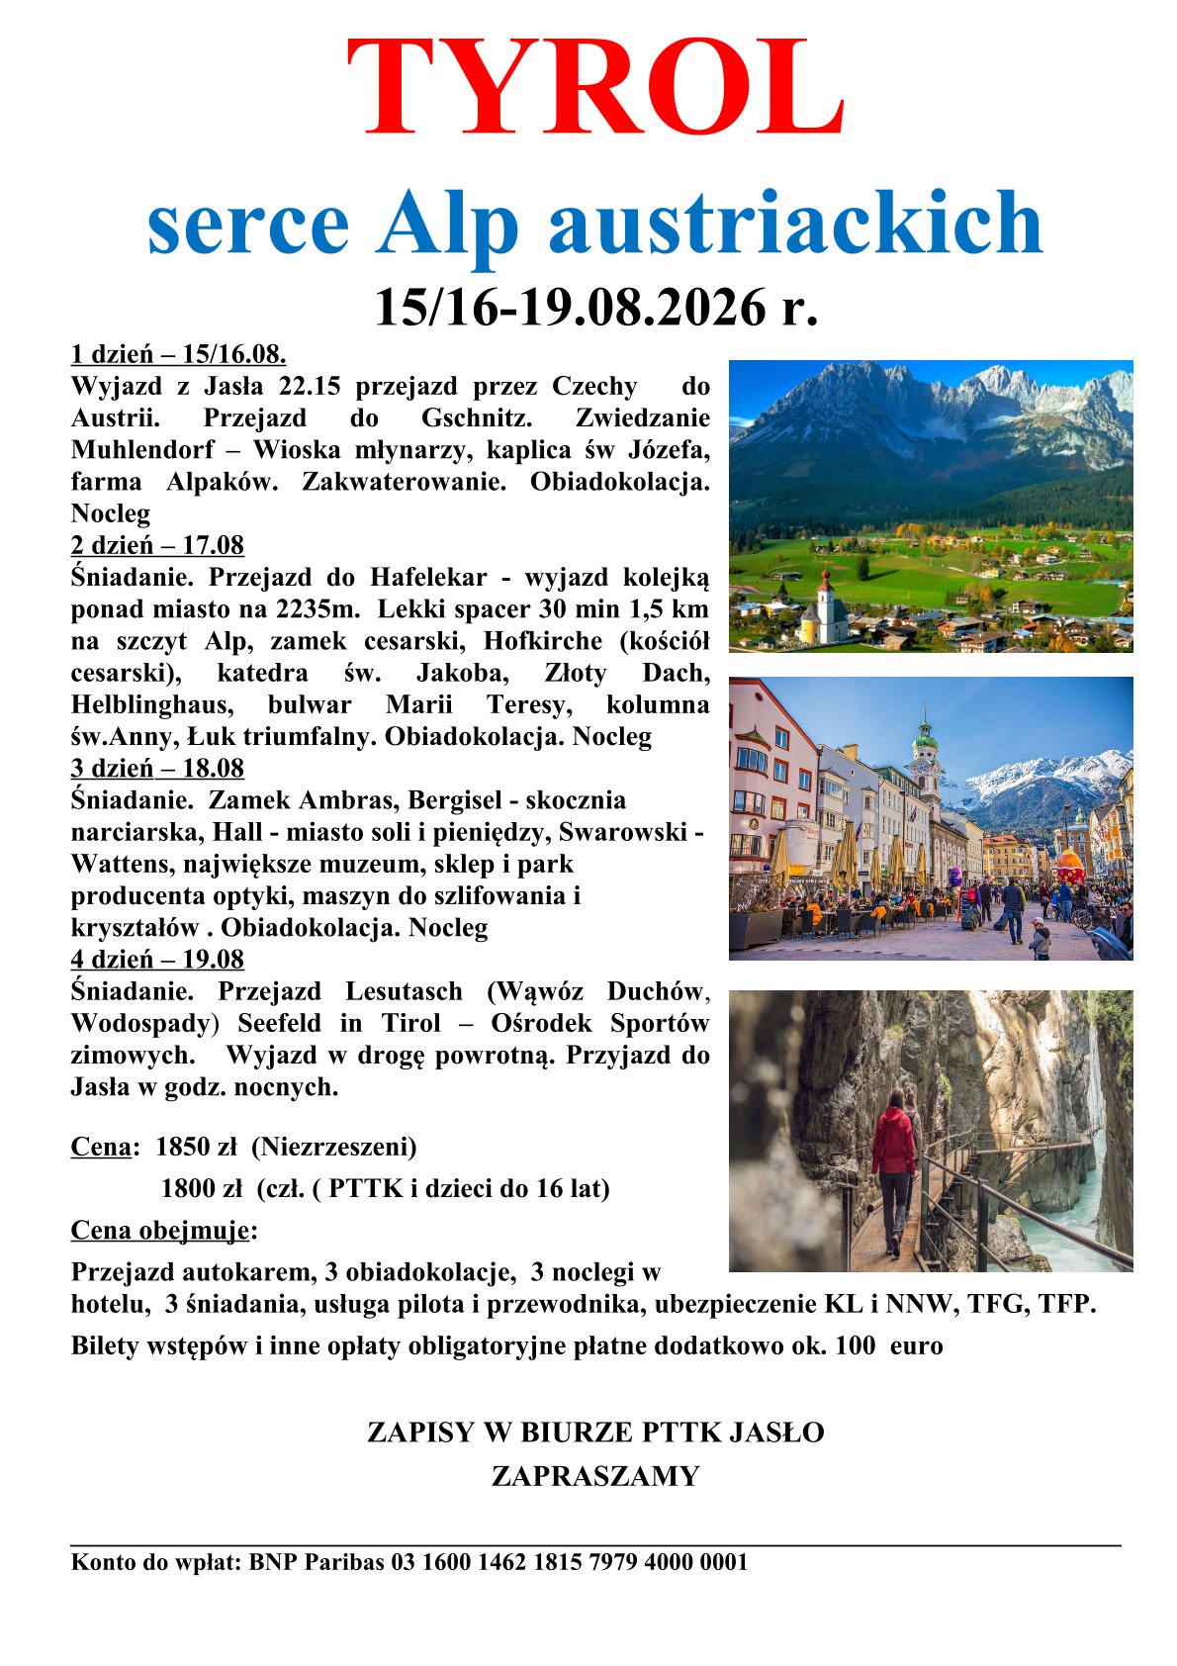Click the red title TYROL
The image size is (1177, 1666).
pos(595,89)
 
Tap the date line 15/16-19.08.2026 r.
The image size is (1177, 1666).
pos(595,308)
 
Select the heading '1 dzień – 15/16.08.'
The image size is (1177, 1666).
pos(178,354)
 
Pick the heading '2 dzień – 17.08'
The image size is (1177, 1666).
pos(157,545)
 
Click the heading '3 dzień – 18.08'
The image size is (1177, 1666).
pos(157,769)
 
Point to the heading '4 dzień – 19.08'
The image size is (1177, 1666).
pos(157,960)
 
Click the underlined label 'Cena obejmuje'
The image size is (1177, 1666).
pos(160,1231)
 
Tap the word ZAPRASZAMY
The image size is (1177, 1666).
pos(595,1476)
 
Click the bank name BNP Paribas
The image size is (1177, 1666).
pos(317,1562)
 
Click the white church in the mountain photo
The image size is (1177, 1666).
pos(824,608)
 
